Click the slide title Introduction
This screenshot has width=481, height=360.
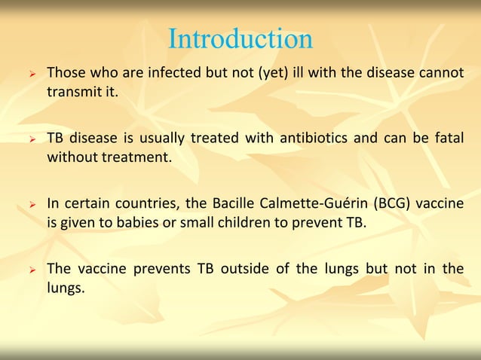click(x=240, y=39)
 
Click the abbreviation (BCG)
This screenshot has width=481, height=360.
click(x=390, y=203)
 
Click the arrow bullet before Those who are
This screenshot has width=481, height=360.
click(x=32, y=75)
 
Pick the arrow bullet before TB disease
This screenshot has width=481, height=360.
click(x=32, y=139)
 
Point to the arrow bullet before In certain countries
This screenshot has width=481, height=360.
click(x=32, y=204)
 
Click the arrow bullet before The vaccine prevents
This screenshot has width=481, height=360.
click(x=32, y=269)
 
